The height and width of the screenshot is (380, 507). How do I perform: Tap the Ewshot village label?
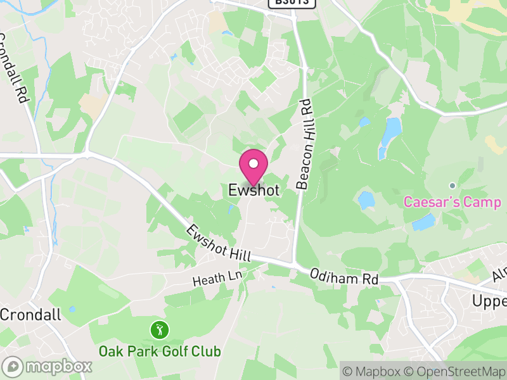pos(253,190)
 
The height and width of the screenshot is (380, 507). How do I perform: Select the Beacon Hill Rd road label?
pos(307,144)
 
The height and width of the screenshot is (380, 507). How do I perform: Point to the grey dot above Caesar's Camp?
pos(452,186)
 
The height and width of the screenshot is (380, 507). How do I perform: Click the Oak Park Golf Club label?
pos(159,351)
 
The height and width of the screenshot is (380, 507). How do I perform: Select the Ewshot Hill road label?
pos(219,243)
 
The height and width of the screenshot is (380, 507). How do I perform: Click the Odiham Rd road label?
pos(344,277)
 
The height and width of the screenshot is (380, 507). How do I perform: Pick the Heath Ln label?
pos(219,277)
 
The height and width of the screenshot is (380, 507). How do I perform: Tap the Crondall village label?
pos(30,315)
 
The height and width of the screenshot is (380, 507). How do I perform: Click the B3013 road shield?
pos(292,3)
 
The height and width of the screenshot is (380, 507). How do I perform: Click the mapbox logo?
pos(48,367)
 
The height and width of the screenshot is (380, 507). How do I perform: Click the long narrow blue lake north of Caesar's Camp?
pos(390,136)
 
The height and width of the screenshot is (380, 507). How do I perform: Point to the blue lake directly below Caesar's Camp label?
pos(424,222)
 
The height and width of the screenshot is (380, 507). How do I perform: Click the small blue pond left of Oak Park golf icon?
pos(72,309)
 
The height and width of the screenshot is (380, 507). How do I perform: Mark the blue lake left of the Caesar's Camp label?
pos(366,200)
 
